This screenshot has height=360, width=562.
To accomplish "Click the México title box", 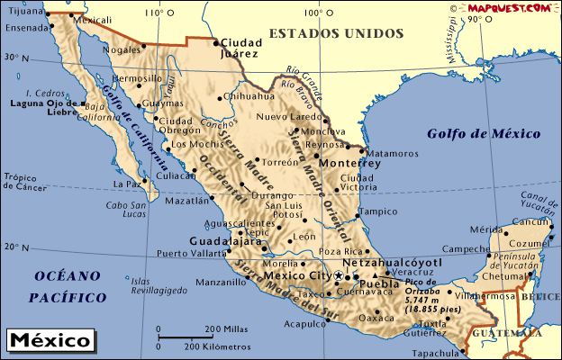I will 50,341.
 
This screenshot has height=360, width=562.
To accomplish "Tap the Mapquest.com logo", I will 509,7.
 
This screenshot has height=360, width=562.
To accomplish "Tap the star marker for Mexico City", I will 339,275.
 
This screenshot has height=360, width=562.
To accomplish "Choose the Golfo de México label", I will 484,134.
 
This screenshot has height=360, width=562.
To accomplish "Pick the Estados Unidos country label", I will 336,33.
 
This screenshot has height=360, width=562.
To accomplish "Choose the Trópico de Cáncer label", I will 24,182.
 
